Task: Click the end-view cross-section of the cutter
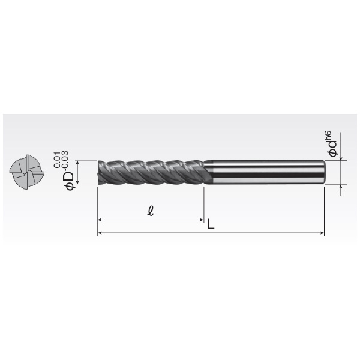(x=27, y=172)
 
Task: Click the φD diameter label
(x=70, y=181)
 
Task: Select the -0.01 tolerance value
(x=57, y=161)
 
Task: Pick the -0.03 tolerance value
(x=65, y=160)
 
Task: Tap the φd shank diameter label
(x=332, y=149)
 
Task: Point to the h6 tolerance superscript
(x=328, y=136)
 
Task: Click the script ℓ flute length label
(x=151, y=211)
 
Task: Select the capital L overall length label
(x=211, y=224)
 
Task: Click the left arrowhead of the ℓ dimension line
(x=100, y=220)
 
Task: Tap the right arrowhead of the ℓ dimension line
(x=202, y=220)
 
